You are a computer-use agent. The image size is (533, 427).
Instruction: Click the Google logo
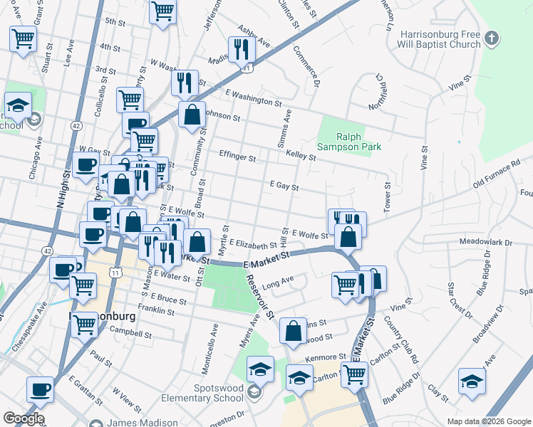tap(24, 418)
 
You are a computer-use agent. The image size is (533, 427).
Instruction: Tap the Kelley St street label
tap(300, 154)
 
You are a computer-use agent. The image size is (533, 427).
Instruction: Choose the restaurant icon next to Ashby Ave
tap(242, 49)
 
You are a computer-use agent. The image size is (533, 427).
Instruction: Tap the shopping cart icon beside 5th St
tap(163, 11)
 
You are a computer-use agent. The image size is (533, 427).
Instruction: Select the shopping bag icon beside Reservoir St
tap(293, 331)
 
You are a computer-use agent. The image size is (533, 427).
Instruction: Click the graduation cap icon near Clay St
tap(472, 381)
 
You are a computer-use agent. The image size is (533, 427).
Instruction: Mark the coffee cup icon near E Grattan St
tap(41, 390)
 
